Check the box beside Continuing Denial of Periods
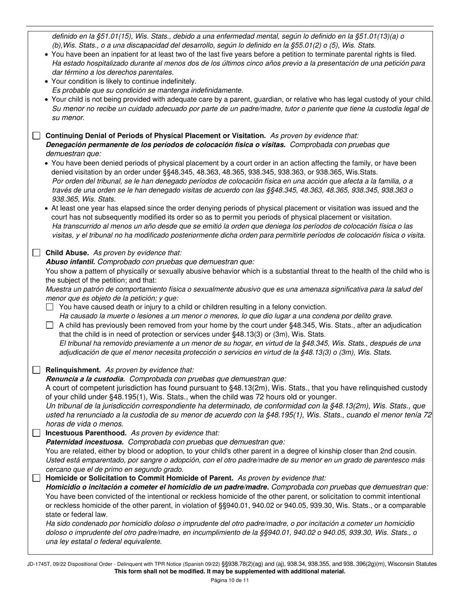point(36,136)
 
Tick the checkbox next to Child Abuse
point(36,253)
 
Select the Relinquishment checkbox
point(36,370)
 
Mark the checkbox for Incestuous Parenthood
point(36,433)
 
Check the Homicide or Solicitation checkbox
point(36,478)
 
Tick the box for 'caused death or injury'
point(49,307)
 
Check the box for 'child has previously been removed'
point(49,326)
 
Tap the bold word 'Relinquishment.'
point(73,370)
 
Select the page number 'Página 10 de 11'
point(230,580)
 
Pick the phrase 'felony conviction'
point(299,307)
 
